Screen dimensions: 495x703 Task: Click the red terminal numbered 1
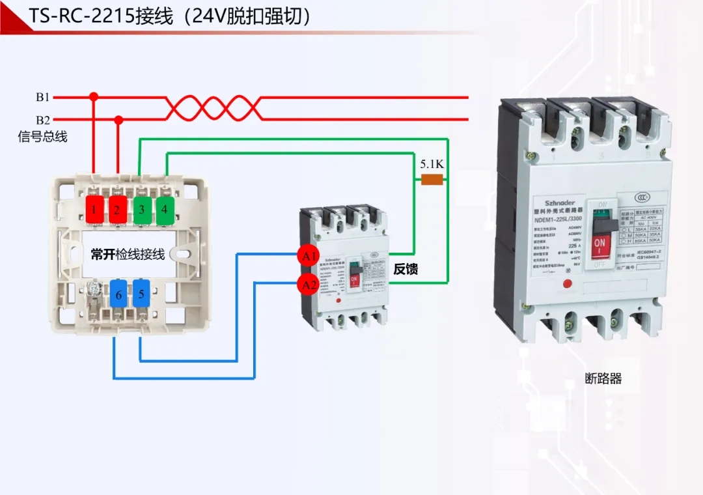pyautogui.click(x=94, y=210)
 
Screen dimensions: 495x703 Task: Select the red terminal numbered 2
pyautogui.click(x=118, y=210)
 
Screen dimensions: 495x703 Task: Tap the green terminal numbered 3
pyautogui.click(x=141, y=210)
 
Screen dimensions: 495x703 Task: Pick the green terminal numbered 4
pyautogui.click(x=165, y=210)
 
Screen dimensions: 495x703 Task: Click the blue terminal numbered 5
pyautogui.click(x=141, y=294)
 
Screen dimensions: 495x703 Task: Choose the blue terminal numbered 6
pyautogui.click(x=118, y=294)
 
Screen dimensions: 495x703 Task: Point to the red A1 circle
pyautogui.click(x=308, y=256)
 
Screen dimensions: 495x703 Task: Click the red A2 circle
pyautogui.click(x=308, y=284)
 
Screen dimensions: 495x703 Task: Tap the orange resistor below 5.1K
pyautogui.click(x=432, y=180)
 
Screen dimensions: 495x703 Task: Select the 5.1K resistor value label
pyautogui.click(x=432, y=164)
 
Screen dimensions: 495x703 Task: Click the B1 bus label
pyautogui.click(x=42, y=97)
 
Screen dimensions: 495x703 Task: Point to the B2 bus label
pyautogui.click(x=42, y=120)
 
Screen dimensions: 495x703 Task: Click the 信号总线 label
pyautogui.click(x=42, y=137)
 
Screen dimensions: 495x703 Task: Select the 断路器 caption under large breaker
pyautogui.click(x=603, y=378)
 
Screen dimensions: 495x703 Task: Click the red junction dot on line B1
pyautogui.click(x=94, y=97)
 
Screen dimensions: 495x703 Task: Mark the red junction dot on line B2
pyautogui.click(x=118, y=120)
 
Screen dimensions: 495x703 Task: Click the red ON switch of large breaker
pyautogui.click(x=600, y=247)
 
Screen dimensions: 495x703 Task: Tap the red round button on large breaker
pyautogui.click(x=566, y=284)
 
